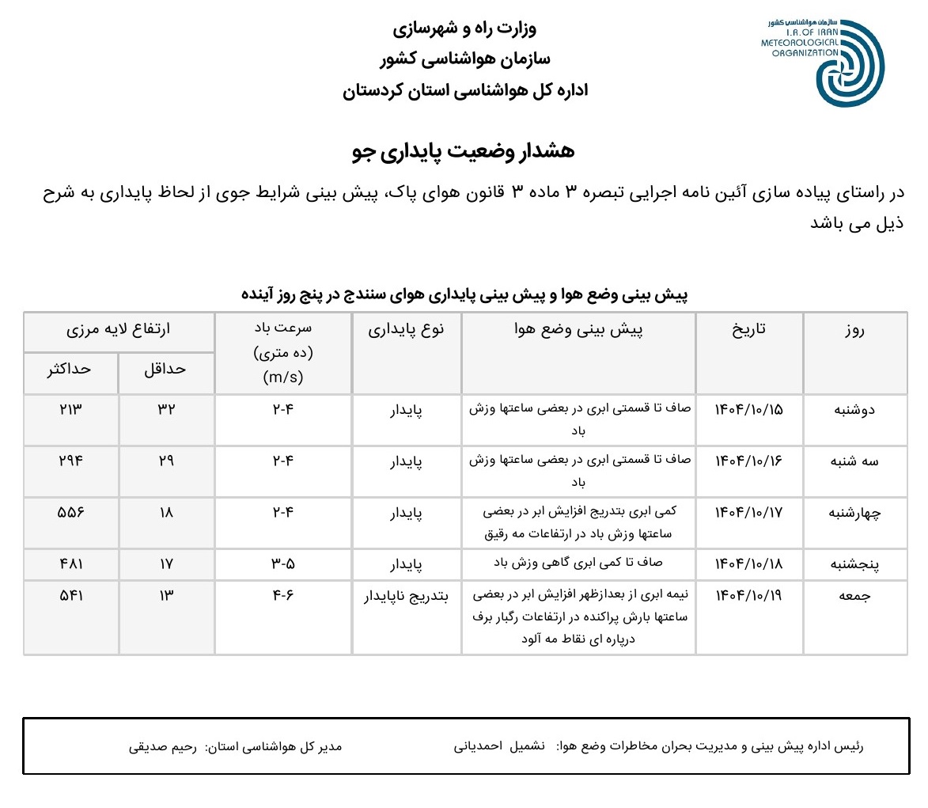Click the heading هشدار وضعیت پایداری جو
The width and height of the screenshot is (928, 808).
coord(463,152)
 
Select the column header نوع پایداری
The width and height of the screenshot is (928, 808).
coord(407,329)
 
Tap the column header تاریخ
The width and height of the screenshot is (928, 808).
coord(749,329)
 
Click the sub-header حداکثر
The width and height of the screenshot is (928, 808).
coord(71,369)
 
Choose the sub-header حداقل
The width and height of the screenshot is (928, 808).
coord(166,369)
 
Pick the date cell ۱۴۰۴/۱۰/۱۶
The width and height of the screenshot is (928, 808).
coord(749,461)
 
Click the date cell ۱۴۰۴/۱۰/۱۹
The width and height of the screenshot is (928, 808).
coord(749,596)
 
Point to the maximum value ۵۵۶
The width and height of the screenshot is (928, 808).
coord(70,512)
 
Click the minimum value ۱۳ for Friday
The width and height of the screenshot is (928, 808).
coord(166,596)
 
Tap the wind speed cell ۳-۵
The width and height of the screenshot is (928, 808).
coord(283,564)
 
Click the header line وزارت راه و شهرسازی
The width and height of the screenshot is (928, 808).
coord(464,29)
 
